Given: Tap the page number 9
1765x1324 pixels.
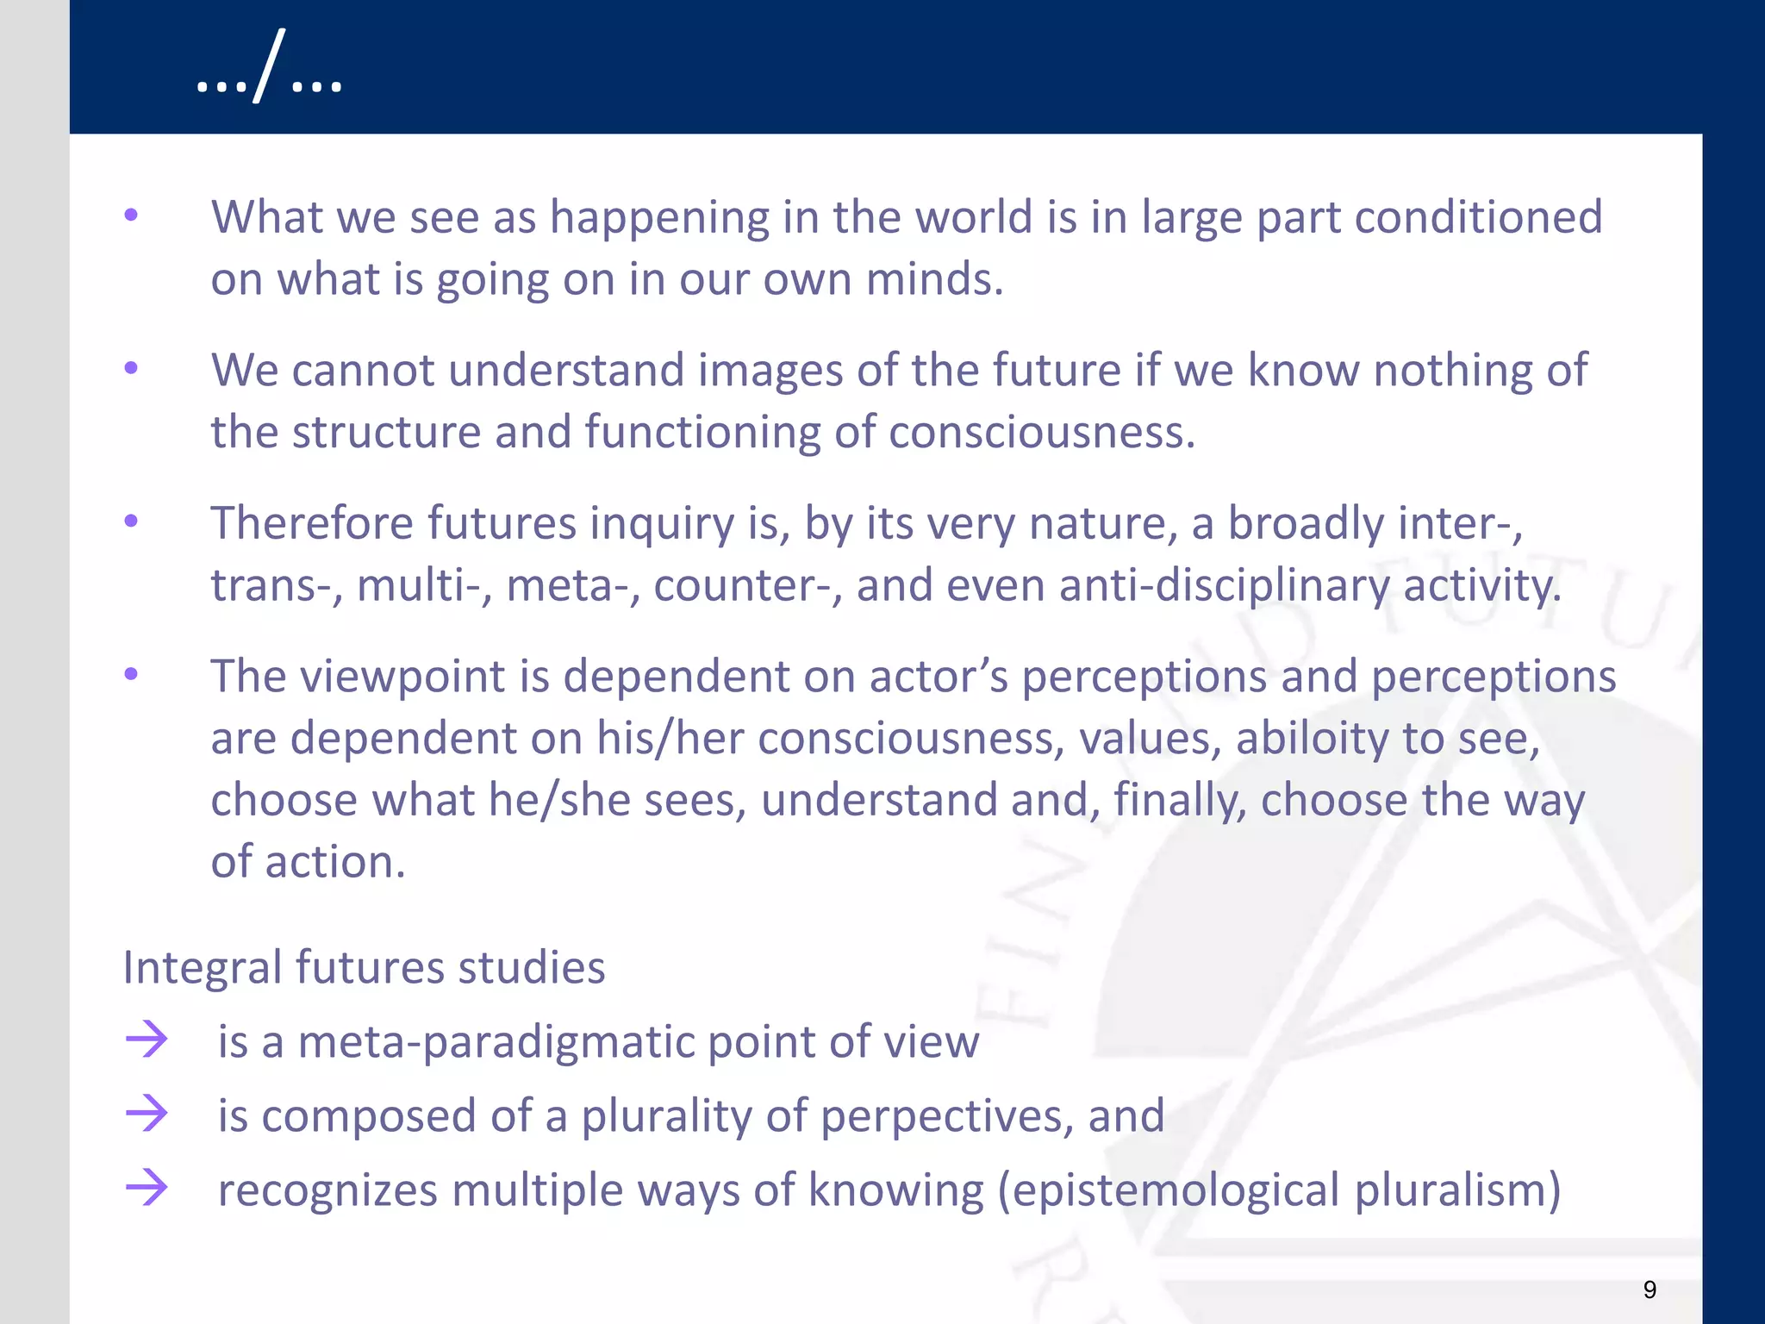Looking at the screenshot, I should pyautogui.click(x=1650, y=1290).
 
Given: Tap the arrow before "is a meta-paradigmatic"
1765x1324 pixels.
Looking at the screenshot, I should pyautogui.click(x=147, y=1039).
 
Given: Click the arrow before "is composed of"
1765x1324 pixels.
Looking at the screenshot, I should pyautogui.click(x=147, y=1113).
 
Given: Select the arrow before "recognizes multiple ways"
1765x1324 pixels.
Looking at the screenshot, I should pyautogui.click(x=147, y=1188).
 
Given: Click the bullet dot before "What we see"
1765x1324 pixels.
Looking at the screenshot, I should pyautogui.click(x=131, y=215).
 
